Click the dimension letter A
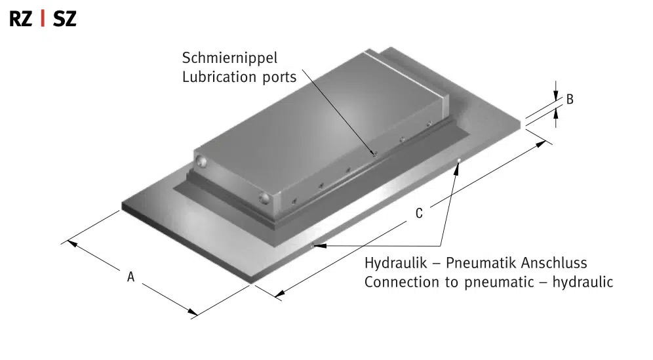click(130, 277)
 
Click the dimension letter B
click(570, 99)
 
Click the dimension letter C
click(419, 213)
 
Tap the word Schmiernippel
click(229, 58)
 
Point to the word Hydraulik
click(395, 263)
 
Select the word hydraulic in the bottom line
click(583, 282)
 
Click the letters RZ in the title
click(20, 19)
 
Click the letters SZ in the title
click(64, 19)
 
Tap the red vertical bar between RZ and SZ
click(43, 19)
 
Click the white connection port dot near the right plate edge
click(459, 161)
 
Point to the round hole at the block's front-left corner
click(201, 161)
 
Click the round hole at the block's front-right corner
click(264, 198)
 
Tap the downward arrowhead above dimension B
click(555, 96)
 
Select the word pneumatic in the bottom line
click(499, 283)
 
